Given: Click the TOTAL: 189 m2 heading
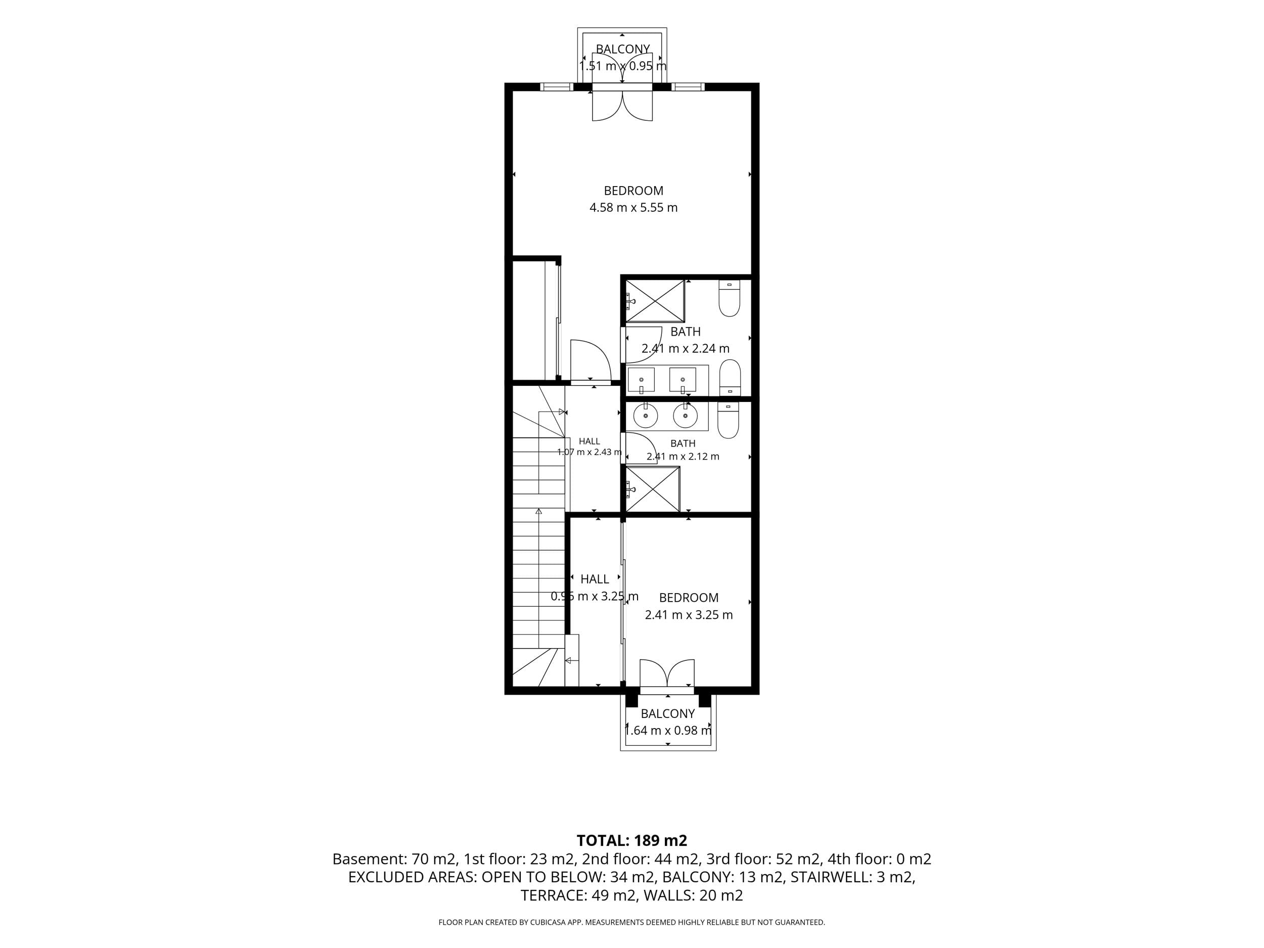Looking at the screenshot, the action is (x=631, y=841).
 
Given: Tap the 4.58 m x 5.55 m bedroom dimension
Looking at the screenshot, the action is (x=633, y=207).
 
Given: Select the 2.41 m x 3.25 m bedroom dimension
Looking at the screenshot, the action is (x=689, y=615).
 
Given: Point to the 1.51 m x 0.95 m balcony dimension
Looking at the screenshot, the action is (x=622, y=66).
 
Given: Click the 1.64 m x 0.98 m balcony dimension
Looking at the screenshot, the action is (x=667, y=730).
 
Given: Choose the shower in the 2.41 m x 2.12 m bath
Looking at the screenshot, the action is (x=653, y=489).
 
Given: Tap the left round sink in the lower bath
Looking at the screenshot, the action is (x=646, y=416).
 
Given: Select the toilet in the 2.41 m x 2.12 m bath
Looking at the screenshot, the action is (x=728, y=420).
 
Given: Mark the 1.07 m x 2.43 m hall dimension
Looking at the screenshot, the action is (x=589, y=452).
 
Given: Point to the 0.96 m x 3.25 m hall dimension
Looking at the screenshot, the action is (x=594, y=597).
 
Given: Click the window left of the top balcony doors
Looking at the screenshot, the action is (x=557, y=87).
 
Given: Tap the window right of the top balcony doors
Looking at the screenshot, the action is (x=688, y=87).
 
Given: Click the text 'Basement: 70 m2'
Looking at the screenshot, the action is (x=394, y=859).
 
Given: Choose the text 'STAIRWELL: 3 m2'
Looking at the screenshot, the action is (x=852, y=877).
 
